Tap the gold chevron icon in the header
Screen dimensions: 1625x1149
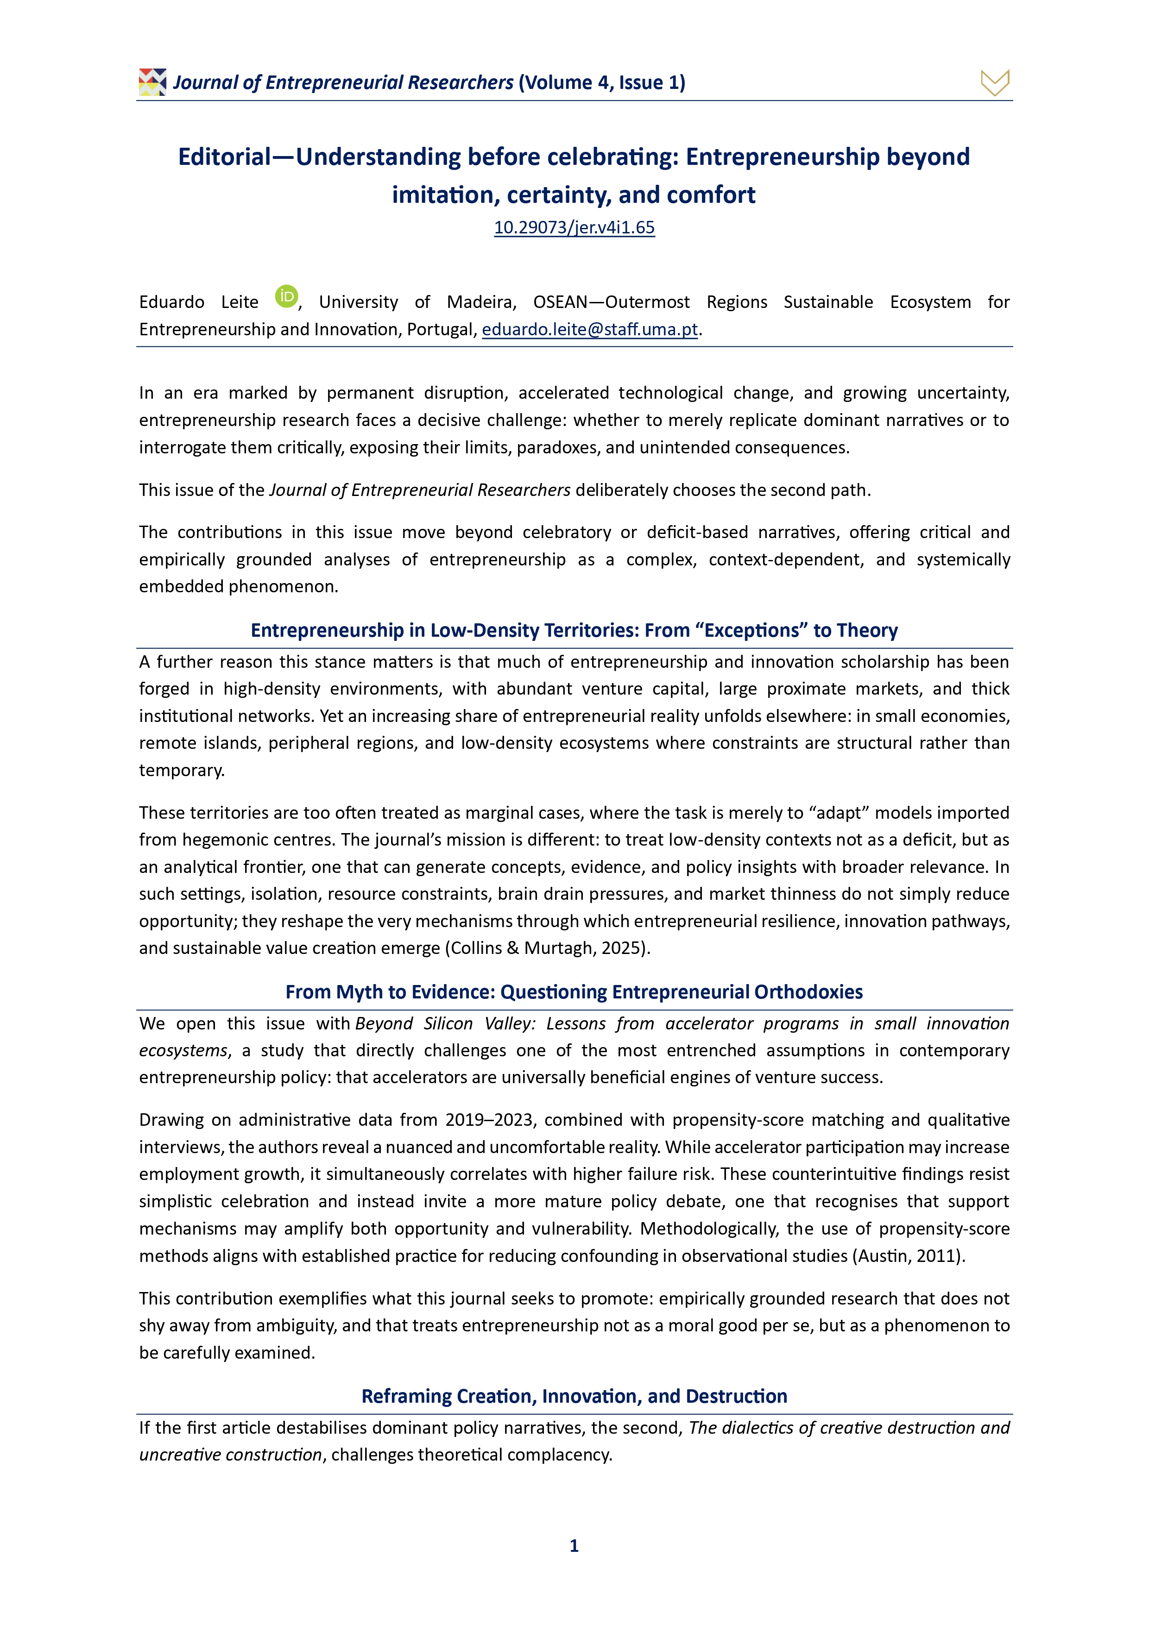pyautogui.click(x=995, y=83)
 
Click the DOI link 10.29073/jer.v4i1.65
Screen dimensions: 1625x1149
pyautogui.click(x=574, y=227)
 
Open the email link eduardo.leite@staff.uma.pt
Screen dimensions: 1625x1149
pyautogui.click(x=590, y=329)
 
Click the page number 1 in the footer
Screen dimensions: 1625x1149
pyautogui.click(x=574, y=1546)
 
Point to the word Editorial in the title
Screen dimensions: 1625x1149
pyautogui.click(x=224, y=157)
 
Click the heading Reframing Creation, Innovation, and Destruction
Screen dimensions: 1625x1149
pyautogui.click(x=574, y=1396)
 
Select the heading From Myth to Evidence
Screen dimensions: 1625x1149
pyautogui.click(x=574, y=991)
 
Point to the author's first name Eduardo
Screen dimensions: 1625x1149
pyautogui.click(x=171, y=302)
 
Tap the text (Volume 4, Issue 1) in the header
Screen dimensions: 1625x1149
pyautogui.click(x=602, y=83)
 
